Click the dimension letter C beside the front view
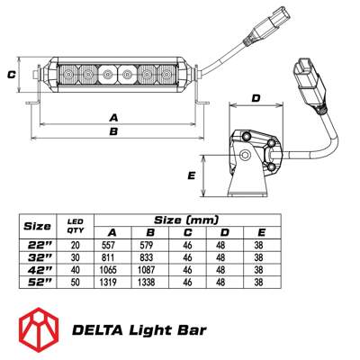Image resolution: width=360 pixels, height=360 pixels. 12,76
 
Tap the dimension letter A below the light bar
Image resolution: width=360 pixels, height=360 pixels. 113,117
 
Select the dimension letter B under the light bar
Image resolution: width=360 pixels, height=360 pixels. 113,132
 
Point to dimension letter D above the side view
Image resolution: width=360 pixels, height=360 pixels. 255,98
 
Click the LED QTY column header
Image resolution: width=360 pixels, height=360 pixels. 76,224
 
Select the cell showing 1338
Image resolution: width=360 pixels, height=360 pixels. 149,282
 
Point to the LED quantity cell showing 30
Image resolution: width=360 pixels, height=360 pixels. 76,256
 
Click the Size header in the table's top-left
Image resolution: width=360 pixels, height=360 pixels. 37,225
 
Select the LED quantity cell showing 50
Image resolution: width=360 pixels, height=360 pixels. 76,282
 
